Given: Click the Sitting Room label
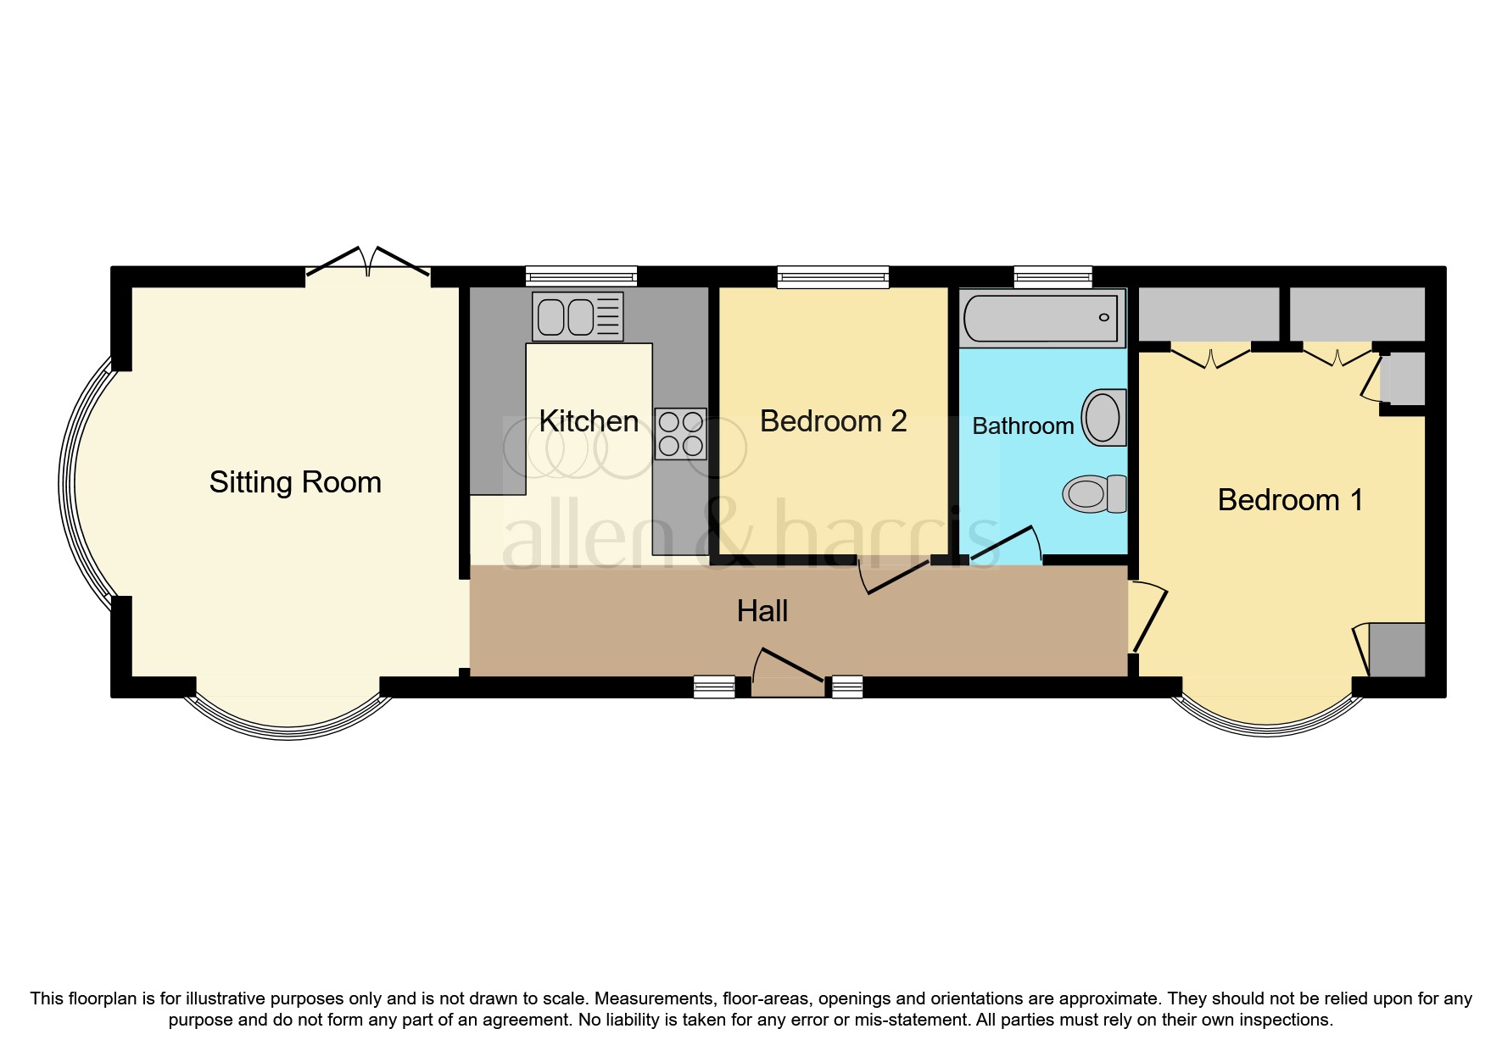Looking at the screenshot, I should (295, 482).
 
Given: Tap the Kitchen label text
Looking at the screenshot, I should (589, 421).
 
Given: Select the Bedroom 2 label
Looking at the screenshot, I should (833, 421).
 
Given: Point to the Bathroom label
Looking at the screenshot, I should (1022, 425).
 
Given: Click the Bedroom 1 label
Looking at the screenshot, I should (1289, 500).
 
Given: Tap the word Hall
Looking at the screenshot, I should (762, 611).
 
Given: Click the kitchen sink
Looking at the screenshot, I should (577, 317).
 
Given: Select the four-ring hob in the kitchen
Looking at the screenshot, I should (680, 434).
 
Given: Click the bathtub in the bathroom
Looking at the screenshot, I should (1041, 319).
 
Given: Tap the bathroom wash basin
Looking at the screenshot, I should (1103, 417).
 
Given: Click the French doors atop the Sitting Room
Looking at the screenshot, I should (368, 261).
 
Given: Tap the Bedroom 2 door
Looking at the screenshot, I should (895, 576).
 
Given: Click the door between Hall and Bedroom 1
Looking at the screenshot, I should (1148, 617).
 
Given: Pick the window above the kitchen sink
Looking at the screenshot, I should (581, 276).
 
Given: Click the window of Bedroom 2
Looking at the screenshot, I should (833, 276).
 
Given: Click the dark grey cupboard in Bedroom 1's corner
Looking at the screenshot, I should (1397, 649).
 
